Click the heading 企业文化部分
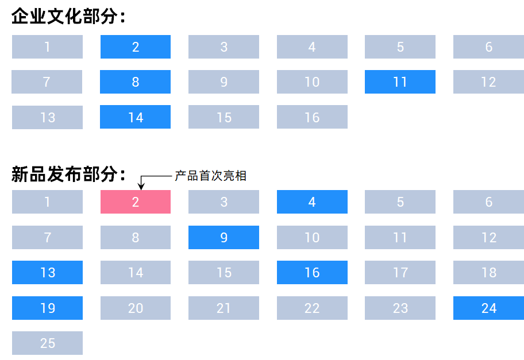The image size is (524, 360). tap(68, 16)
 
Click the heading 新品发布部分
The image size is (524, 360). tap(68, 174)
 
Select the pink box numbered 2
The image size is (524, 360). tap(136, 202)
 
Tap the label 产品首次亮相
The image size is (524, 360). tap(210, 176)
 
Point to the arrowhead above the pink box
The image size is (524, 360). tap(141, 185)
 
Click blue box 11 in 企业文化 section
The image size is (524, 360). tap(400, 82)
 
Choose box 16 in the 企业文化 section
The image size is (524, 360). tap(312, 117)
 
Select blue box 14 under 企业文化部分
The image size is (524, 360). tap(136, 117)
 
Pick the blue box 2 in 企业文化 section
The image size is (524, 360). tap(136, 47)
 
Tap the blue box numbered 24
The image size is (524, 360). tap(488, 308)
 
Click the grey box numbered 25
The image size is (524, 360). tap(47, 343)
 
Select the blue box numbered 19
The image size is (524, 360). tap(47, 308)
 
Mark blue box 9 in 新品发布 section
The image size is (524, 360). tap(224, 238)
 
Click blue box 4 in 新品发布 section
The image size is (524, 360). tap(312, 202)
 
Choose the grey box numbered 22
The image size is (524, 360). tap(312, 308)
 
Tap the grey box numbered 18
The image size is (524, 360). tap(488, 273)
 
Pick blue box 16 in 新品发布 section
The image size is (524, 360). tap(312, 273)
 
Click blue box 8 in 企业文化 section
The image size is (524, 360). tap(136, 82)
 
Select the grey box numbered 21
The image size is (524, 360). tap(224, 308)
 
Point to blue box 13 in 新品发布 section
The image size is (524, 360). tap(47, 273)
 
